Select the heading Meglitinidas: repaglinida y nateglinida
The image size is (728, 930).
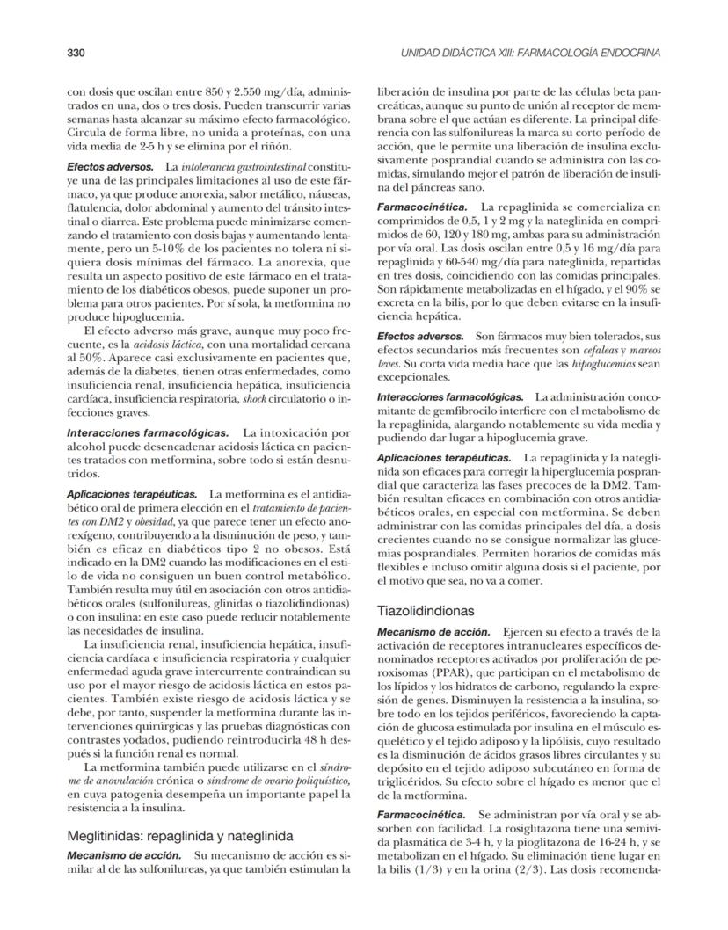pyautogui.click(x=180, y=835)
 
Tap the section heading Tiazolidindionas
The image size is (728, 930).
pyautogui.click(x=426, y=609)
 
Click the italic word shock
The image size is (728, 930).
pyautogui.click(x=254, y=399)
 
